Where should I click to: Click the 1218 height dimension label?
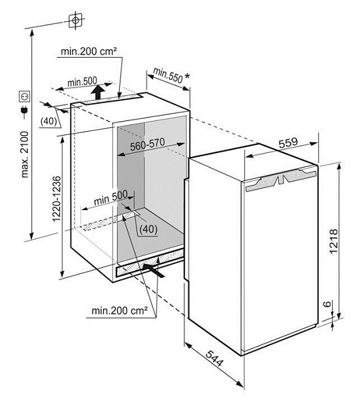pos(333,241)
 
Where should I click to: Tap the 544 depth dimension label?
pos(214,358)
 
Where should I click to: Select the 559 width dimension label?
pos(288,142)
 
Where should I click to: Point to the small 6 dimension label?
pos(328,304)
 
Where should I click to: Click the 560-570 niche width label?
pos(148,144)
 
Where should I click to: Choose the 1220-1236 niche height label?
pos(57,199)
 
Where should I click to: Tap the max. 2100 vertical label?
pos(25,154)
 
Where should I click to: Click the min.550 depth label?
pos(168,75)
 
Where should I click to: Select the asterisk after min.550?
pos(187,76)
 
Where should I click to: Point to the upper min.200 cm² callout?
pos(89,51)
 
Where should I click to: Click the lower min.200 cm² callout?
pos(120,311)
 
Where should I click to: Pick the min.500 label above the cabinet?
pos(82,82)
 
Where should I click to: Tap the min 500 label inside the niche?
pos(110,198)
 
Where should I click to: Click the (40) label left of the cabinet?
pos(49,121)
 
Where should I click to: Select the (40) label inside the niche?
pos(148,229)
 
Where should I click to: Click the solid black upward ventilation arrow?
pos(98,92)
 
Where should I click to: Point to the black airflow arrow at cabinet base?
pos(154,270)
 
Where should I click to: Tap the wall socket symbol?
pos(25,96)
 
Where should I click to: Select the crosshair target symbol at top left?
pos(76,21)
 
